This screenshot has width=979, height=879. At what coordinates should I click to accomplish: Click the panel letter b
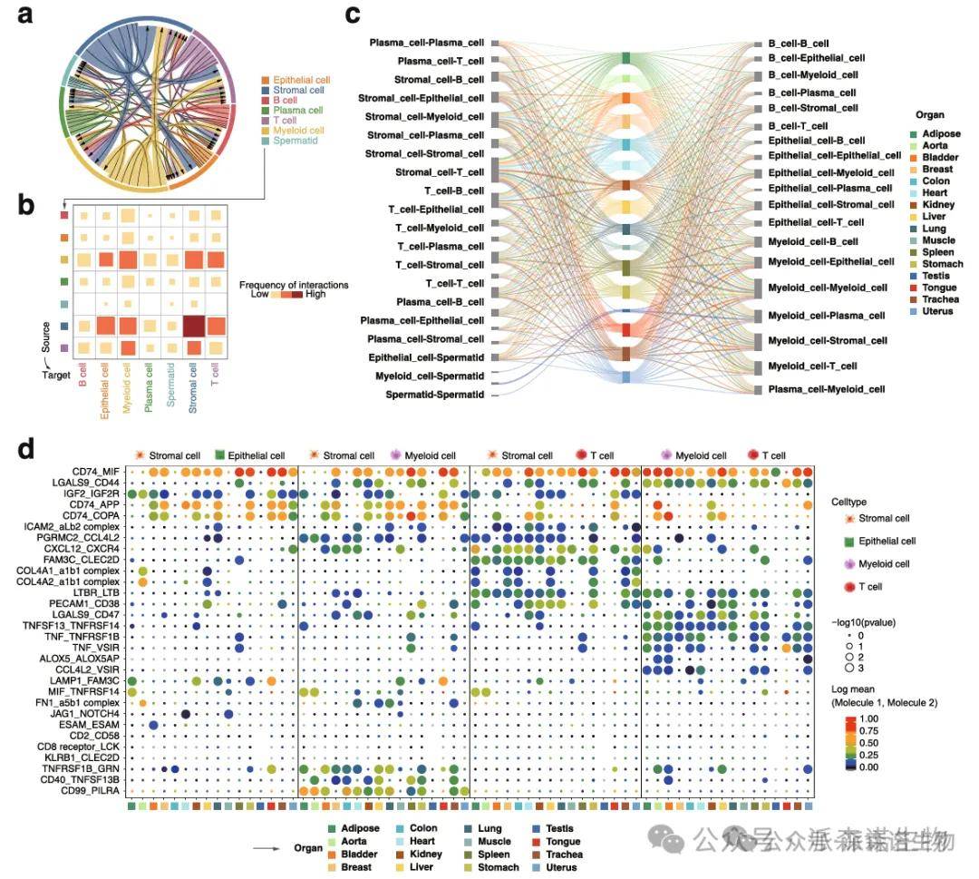[27, 205]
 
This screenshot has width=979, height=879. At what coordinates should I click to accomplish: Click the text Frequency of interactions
[294, 285]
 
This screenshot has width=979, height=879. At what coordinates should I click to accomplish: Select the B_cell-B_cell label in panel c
[798, 43]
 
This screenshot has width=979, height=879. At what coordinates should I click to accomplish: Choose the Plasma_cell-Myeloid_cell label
[827, 389]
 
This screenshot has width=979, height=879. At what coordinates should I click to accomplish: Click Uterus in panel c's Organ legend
[935, 312]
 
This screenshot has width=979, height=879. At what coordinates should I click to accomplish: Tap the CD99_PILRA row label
[92, 790]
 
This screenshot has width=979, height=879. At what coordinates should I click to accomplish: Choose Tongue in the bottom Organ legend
[563, 841]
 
